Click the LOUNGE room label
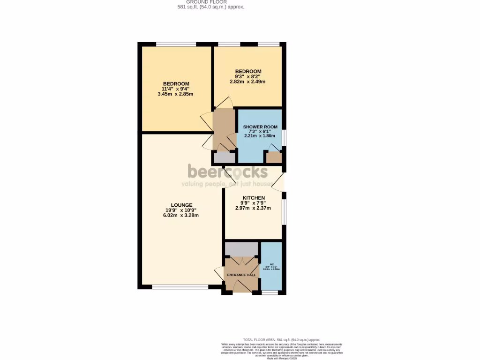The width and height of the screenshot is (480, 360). tap(181, 205)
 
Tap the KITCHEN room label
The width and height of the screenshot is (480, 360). tap(254, 198)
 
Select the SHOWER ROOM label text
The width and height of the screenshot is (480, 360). tap(260, 127)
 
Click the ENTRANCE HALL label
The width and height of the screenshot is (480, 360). tap(241, 275)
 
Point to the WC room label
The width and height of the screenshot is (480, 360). tap(271, 265)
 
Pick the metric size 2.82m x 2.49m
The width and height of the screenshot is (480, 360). tap(247, 82)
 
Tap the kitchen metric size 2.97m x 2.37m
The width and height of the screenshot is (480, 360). tap(253, 208)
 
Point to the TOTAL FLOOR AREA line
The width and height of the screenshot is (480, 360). tap(281, 339)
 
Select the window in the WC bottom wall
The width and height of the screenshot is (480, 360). tap(270, 292)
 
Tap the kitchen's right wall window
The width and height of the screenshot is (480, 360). tap(284, 212)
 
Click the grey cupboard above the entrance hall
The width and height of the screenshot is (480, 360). tap(241, 249)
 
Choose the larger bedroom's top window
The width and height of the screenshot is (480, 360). tap(176, 45)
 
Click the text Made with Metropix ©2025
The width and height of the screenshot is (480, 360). tap(282, 358)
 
